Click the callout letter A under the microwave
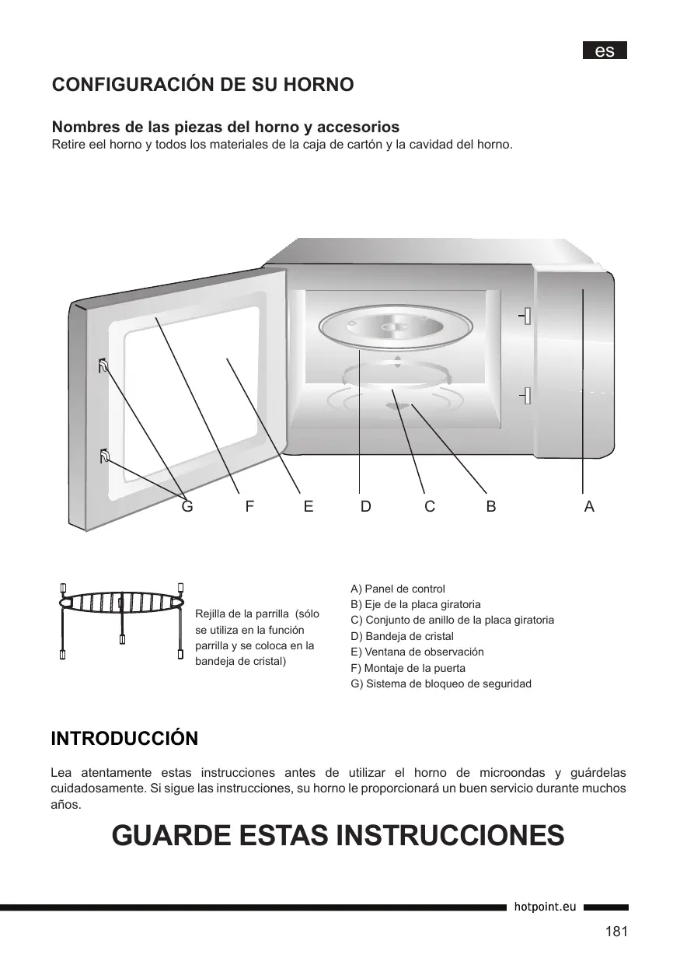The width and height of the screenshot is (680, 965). pos(589,506)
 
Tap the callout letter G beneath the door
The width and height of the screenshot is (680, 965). pos(187,506)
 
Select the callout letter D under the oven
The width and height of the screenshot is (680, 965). pos(365,506)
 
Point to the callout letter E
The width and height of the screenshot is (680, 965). pos(309,506)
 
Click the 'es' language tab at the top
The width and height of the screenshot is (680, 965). pos(605,51)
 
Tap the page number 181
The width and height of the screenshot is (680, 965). pos(615,932)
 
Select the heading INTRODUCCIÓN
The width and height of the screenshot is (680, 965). pos(124,738)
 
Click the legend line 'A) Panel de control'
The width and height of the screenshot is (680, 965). pos(398,589)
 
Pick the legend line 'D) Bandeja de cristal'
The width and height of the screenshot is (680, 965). pos(403,636)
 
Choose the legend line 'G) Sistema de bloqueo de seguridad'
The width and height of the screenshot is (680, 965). pos(441,684)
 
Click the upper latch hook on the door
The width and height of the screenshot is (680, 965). pos(103,365)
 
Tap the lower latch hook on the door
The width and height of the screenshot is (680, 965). pos(103,456)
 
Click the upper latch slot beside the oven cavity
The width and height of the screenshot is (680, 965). pos(527,316)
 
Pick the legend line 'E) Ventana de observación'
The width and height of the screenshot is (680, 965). pos(417,652)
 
